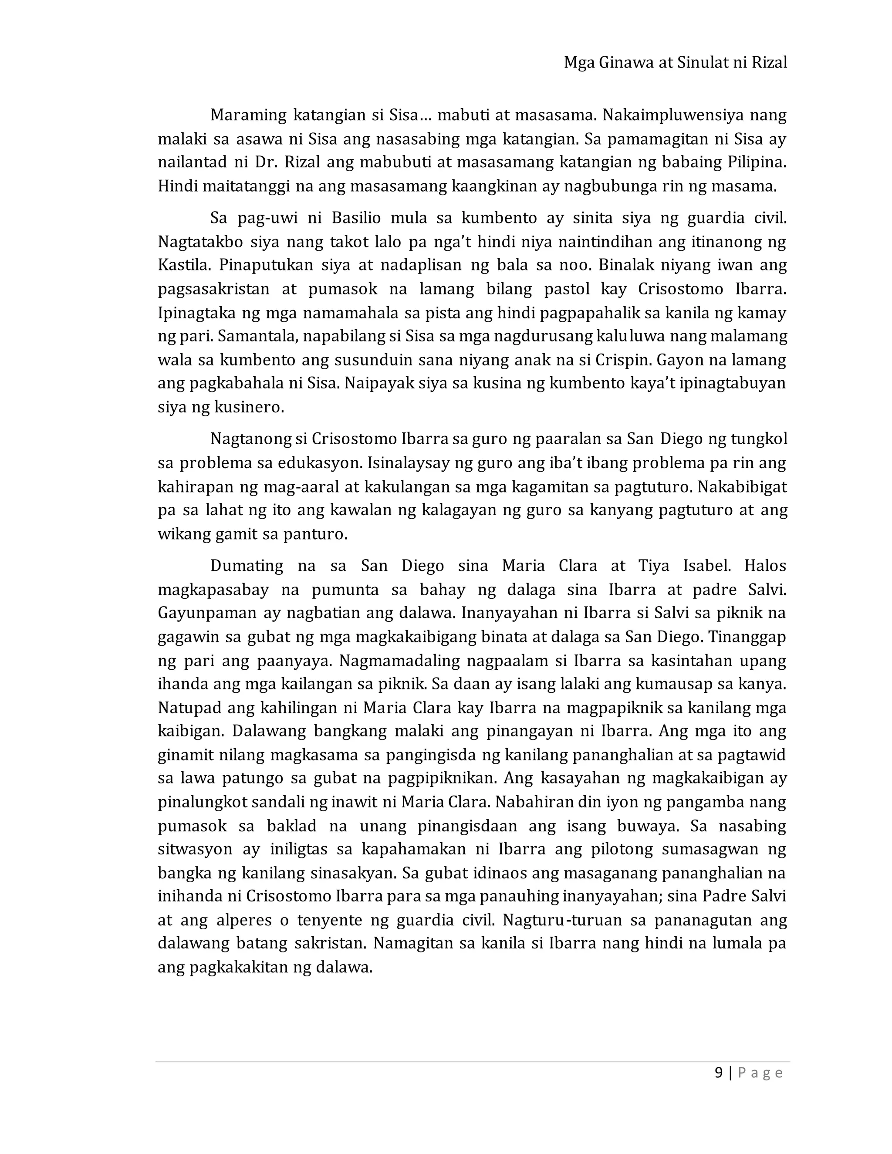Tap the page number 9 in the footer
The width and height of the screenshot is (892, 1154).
(718, 1073)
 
